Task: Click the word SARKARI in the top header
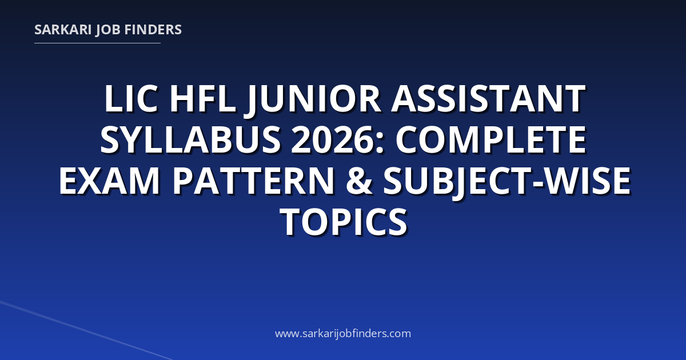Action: [x=63, y=30]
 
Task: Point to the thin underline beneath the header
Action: [x=97, y=43]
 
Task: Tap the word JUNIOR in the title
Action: [x=313, y=101]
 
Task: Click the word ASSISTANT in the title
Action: [x=488, y=99]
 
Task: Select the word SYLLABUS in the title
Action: [x=190, y=139]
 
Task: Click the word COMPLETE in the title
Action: [x=491, y=139]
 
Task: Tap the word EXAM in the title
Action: [x=109, y=181]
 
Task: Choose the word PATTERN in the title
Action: [x=253, y=181]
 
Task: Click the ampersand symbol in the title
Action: [x=358, y=181]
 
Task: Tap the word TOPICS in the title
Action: [x=344, y=222]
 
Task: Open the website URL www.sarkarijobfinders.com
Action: [x=343, y=334]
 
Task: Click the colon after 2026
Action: [x=380, y=143]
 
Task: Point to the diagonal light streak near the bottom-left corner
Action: [x=86, y=331]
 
